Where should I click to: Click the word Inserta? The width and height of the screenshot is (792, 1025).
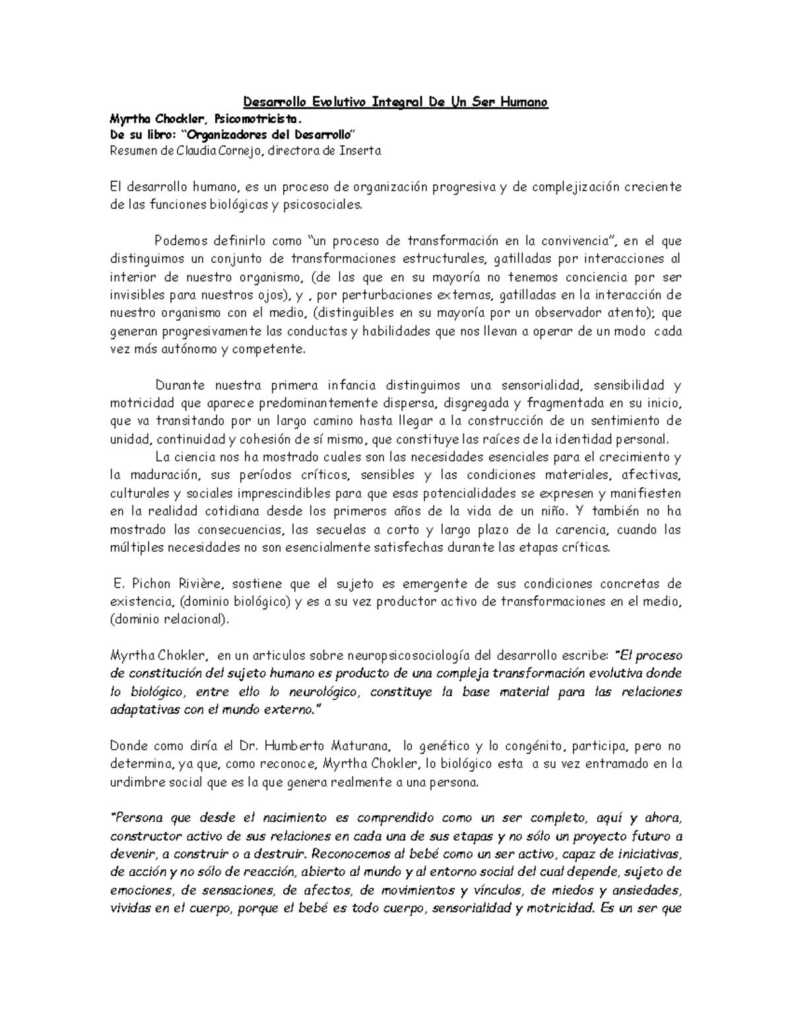(360, 150)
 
